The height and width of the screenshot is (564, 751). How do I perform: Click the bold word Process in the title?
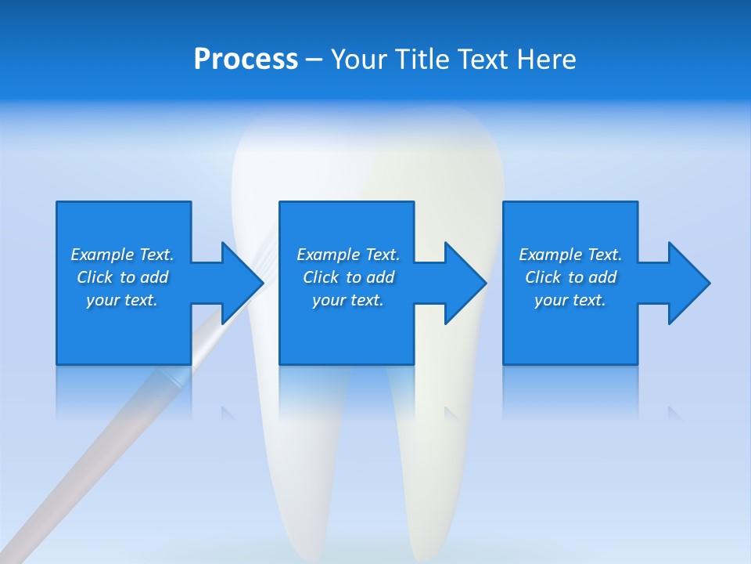click(246, 60)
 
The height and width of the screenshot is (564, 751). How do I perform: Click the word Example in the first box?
click(102, 255)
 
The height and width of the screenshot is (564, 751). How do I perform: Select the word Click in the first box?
click(95, 277)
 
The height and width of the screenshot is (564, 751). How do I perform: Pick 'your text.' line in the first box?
click(122, 300)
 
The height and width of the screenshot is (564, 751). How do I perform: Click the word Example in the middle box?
click(328, 255)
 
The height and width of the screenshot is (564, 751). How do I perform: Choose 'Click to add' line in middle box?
click(348, 277)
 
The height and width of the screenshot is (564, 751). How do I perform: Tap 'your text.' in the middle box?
click(348, 300)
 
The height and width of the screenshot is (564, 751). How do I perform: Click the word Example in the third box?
click(550, 255)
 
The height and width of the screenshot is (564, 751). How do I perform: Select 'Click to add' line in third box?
click(571, 277)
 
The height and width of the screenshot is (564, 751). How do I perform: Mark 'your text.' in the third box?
click(570, 300)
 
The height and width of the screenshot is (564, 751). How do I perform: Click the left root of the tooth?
click(301, 470)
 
